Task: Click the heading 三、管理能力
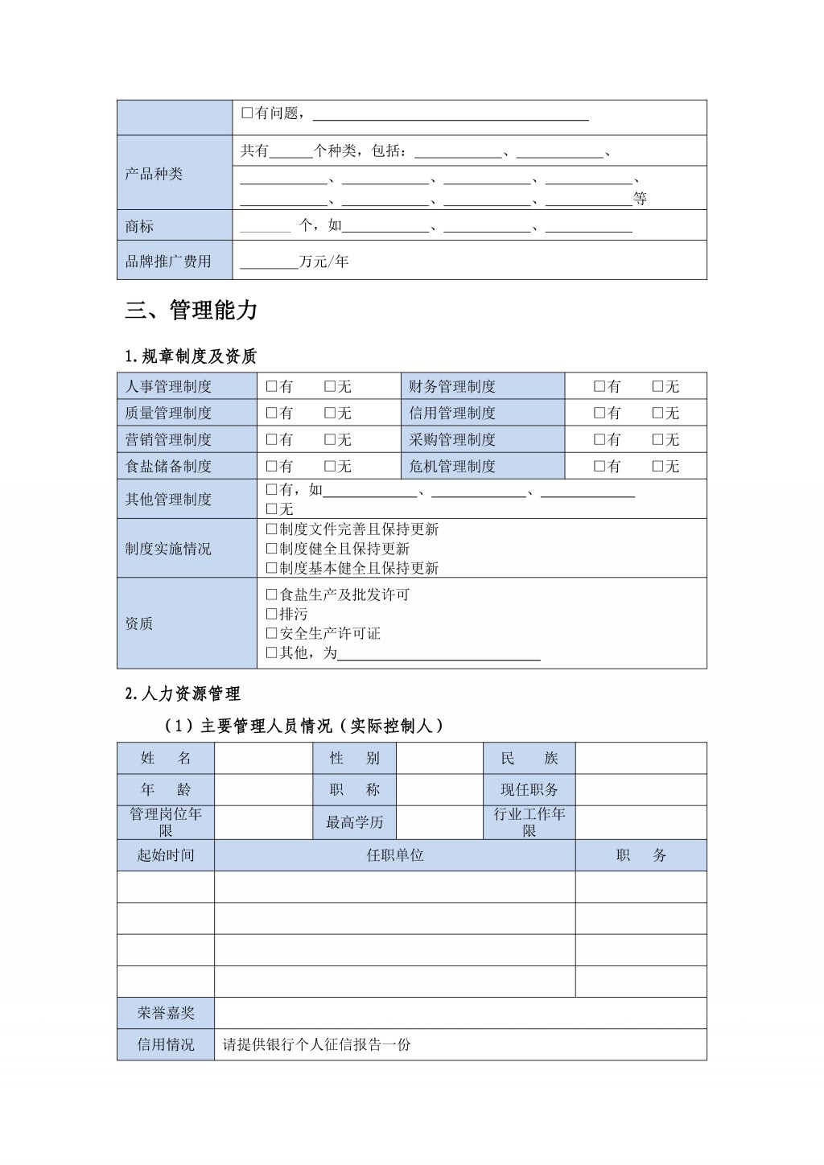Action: [191, 311]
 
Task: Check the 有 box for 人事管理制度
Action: [271, 387]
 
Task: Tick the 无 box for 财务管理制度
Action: [657, 387]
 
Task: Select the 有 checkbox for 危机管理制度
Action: [599, 467]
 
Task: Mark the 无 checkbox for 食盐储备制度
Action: [330, 467]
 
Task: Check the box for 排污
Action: [271, 614]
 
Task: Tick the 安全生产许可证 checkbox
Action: [271, 633]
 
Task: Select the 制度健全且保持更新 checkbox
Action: [271, 549]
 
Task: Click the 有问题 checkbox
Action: [247, 113]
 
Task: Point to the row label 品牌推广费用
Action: [168, 261]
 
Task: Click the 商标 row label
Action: [139, 226]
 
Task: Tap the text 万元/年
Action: [323, 261]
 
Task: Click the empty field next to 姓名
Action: [263, 758]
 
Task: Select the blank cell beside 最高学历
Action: [439, 822]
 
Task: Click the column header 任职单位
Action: [394, 855]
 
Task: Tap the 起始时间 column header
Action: [166, 855]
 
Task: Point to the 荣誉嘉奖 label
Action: [166, 1013]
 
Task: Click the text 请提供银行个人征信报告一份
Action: [316, 1045]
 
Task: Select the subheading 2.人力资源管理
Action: [183, 694]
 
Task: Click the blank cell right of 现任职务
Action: [641, 790]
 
